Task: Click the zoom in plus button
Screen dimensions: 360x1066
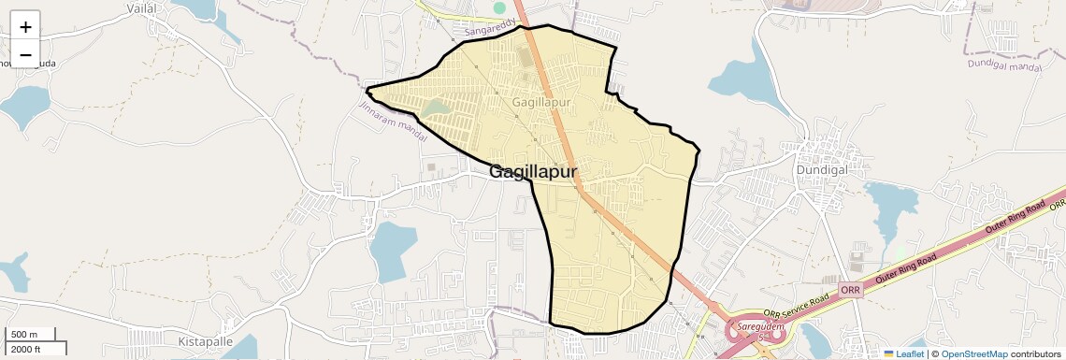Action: [x=25, y=27]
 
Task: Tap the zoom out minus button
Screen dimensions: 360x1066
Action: [x=25, y=54]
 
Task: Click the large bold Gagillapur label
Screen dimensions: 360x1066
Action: [x=533, y=172]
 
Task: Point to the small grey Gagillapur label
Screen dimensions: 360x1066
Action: [x=541, y=100]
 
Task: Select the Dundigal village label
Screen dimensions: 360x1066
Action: [x=821, y=171]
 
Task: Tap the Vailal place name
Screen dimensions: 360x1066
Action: [x=142, y=7]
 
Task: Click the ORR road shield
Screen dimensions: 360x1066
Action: [x=850, y=290]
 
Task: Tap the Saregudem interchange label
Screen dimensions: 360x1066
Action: [x=753, y=327]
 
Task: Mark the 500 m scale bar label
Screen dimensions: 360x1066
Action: [x=25, y=335]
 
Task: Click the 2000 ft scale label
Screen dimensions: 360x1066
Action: [x=25, y=349]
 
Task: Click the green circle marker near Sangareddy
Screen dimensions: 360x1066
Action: [x=499, y=8]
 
